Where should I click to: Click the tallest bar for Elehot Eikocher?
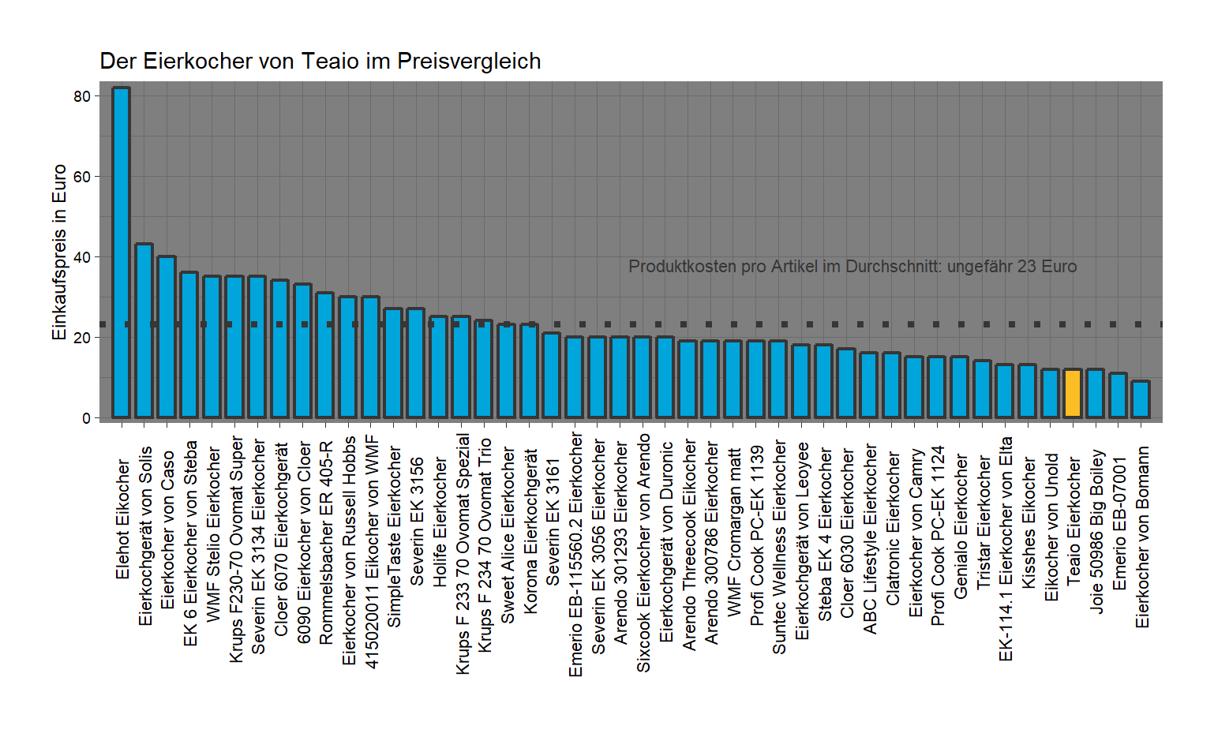[121, 253]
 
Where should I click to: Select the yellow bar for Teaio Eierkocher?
[1073, 393]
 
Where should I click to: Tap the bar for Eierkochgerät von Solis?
[144, 331]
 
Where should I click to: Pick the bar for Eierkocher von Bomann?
[1141, 399]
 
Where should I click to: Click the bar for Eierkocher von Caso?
[167, 337]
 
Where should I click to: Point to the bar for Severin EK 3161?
[551, 376]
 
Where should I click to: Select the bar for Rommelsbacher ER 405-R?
[324, 355]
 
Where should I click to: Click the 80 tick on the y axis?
[82, 96]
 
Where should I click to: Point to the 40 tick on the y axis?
[82, 257]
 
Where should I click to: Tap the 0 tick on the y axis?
[86, 418]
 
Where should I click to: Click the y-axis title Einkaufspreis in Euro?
[59, 253]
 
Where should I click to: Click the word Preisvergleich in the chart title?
[469, 62]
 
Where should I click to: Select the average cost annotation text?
[852, 267]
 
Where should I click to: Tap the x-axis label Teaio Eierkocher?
[1073, 522]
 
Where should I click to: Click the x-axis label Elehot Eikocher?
[122, 519]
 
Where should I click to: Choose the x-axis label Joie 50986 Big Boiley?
[1096, 531]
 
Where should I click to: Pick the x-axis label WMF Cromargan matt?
[734, 533]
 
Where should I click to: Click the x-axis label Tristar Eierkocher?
[984, 522]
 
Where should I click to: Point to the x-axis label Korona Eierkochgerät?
[530, 531]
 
